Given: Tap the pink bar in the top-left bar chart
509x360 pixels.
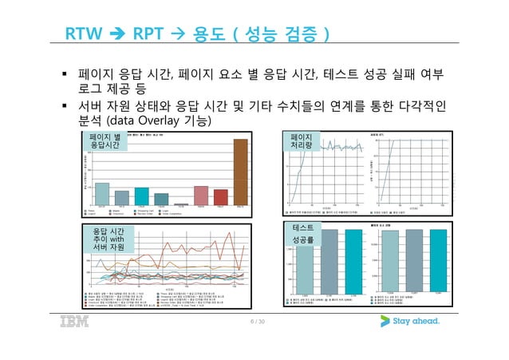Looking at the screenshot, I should pos(201,196).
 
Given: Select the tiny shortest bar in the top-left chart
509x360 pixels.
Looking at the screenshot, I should pos(181,204).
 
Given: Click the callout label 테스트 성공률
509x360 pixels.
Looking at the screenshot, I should pos(303,233).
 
